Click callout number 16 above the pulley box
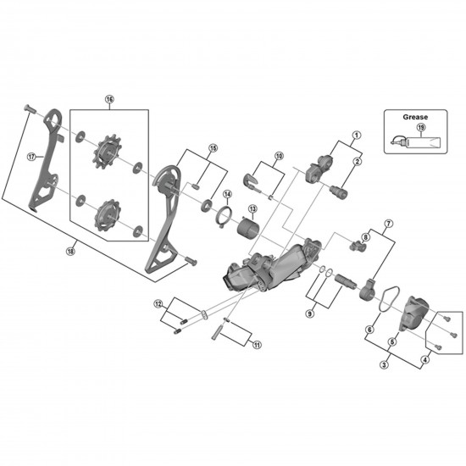coord(109,99)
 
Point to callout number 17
coord(31,156)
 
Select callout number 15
coord(213,147)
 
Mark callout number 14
coord(227,194)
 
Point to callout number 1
coord(357,135)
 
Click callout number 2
coord(357,161)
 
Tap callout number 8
coord(365,236)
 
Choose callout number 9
coord(310,313)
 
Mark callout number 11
coord(257,344)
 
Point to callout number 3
coord(384,364)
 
